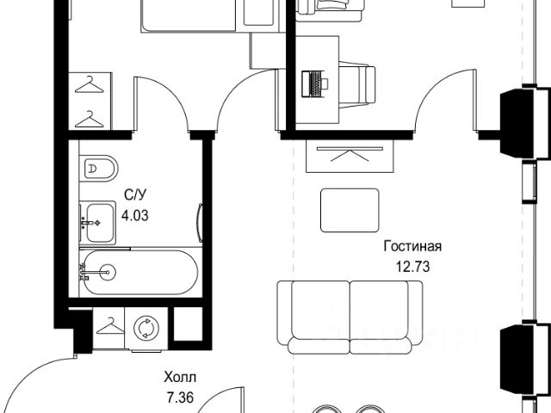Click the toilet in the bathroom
pos(99,169)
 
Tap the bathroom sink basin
pos(101,223)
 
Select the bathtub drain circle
pos(107,272)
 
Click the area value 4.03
pos(135,215)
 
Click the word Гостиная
pos(412,247)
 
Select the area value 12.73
pos(413,267)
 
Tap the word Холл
pos(180,378)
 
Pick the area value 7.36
pos(180,398)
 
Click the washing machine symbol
pos(146,329)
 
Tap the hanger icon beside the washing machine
pos(110,326)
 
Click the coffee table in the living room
pos(350,210)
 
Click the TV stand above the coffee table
pos(350,156)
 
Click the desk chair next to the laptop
pos(357,84)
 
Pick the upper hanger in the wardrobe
pos(90,84)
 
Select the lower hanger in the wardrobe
pos(90,120)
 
